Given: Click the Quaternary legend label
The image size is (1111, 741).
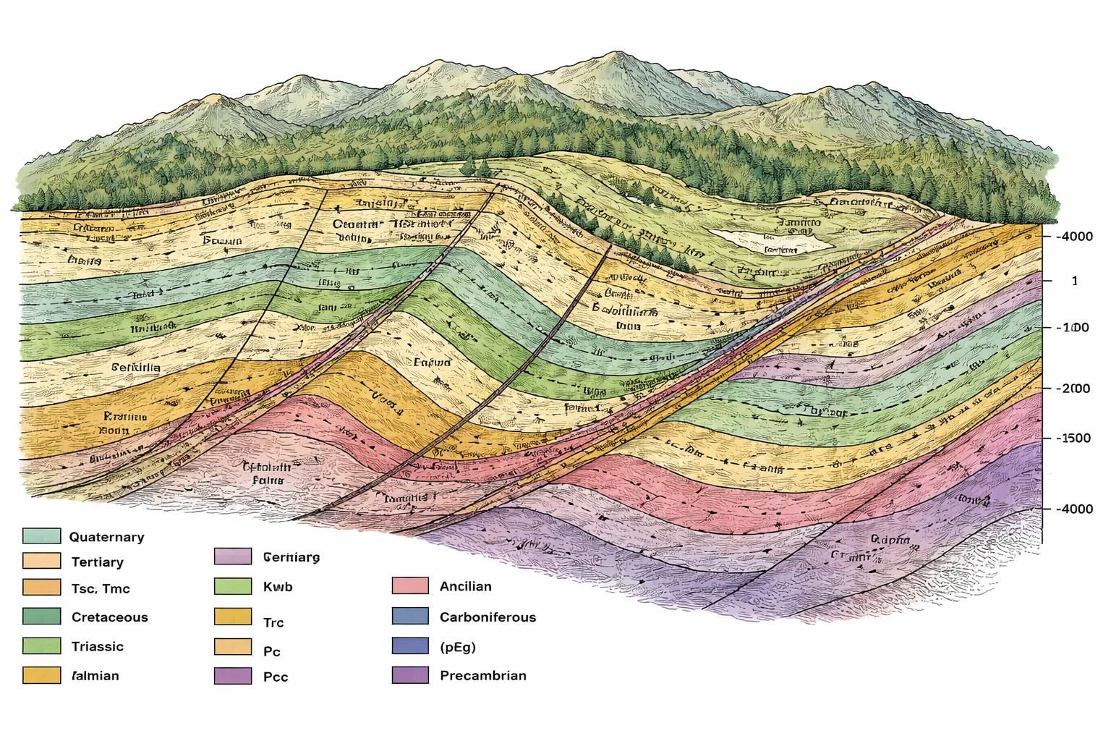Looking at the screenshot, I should (106, 537).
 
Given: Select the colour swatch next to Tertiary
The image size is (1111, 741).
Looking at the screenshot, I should (41, 561).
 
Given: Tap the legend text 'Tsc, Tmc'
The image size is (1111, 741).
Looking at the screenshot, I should (101, 588).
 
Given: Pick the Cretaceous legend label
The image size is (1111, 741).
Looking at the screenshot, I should (109, 617).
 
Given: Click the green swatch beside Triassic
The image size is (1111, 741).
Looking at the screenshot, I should (41, 645).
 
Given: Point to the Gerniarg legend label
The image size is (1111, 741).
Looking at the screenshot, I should (291, 557).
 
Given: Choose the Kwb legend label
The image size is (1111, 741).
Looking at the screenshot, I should (278, 587).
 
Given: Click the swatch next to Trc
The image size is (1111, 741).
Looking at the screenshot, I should (233, 617).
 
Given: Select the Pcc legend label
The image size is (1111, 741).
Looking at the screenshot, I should (276, 677).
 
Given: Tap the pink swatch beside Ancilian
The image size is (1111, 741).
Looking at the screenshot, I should (411, 586).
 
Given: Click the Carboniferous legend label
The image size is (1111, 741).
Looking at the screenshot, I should (488, 617).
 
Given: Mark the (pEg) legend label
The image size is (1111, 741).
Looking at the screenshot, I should (457, 646).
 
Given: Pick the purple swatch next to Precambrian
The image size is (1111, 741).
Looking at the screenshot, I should (411, 675).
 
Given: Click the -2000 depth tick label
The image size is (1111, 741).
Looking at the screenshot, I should (1073, 389).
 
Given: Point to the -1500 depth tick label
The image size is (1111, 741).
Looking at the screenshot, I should (1073, 438).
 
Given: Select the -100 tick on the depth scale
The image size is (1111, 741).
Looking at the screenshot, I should (1073, 328).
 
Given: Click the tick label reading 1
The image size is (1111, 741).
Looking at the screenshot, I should (1074, 281).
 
